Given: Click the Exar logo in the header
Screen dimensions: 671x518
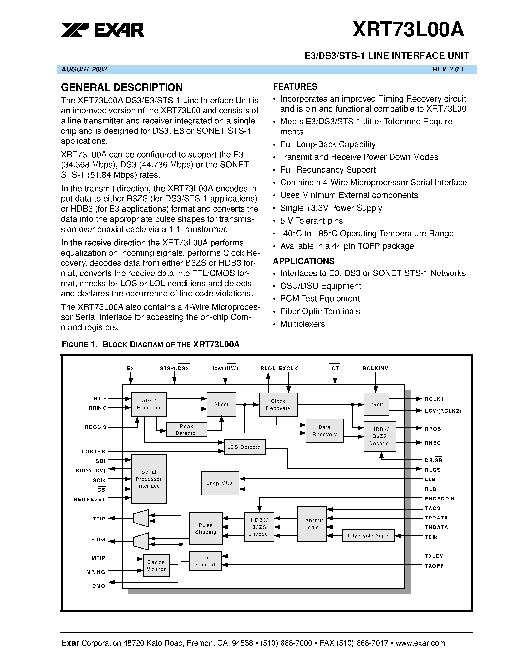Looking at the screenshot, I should (x=102, y=30).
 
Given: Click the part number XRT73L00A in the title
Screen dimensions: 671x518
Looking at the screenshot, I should (x=408, y=30).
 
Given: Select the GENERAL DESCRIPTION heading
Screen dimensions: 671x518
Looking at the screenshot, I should (x=122, y=88).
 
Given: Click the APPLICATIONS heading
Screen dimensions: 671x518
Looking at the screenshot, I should (x=303, y=261).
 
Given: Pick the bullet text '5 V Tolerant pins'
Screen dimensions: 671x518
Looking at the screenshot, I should (x=311, y=221).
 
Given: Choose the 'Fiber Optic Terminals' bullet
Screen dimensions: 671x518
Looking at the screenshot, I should (x=320, y=311).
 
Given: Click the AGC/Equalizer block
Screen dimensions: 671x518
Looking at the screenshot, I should (x=149, y=404).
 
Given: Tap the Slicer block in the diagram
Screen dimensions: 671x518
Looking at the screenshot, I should (x=221, y=404).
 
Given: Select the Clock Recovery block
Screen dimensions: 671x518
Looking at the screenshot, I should (x=278, y=405).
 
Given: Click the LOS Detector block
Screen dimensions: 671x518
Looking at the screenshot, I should (x=244, y=447).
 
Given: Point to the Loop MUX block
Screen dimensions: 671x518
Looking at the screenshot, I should (x=220, y=483).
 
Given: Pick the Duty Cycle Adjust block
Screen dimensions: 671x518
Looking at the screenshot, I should (x=368, y=536).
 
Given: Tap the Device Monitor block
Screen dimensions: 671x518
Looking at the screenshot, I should (x=156, y=565).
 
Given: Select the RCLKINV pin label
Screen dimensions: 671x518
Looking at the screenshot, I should (x=375, y=368).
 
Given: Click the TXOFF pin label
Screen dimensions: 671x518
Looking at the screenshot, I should (x=434, y=566).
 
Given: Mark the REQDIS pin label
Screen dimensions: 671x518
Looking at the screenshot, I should (x=96, y=427).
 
